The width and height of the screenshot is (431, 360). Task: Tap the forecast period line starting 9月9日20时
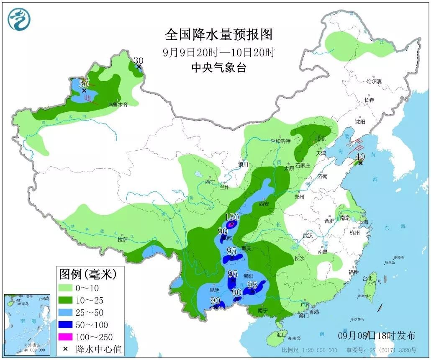click(218, 53)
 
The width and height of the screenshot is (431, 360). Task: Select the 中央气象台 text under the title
click(218, 67)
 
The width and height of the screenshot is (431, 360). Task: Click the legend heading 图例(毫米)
click(87, 275)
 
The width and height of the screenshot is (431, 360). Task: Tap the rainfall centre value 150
click(231, 217)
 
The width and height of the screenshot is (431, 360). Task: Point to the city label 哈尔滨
click(374, 81)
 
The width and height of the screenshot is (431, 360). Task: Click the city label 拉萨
click(122, 240)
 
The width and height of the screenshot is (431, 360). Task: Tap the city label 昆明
click(214, 290)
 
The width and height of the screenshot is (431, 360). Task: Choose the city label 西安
click(264, 204)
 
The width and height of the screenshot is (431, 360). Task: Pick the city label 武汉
click(308, 236)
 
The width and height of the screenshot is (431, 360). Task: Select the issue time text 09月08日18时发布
click(376, 336)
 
